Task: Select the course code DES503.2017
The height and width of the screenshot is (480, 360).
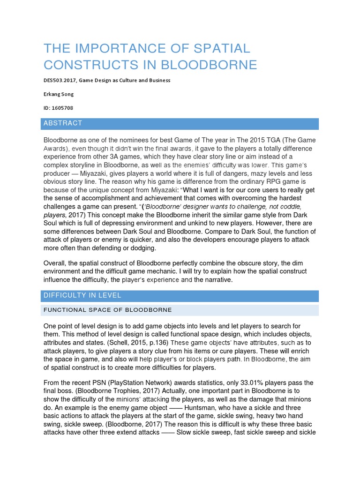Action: (x=60, y=80)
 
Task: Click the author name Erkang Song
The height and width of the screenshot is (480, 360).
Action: (x=59, y=94)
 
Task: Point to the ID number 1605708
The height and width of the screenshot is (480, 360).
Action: (x=63, y=108)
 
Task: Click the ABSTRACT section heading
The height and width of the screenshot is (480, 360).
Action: (x=63, y=123)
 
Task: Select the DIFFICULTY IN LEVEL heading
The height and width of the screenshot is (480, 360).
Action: (x=82, y=295)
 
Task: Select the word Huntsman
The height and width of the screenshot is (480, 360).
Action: (x=201, y=408)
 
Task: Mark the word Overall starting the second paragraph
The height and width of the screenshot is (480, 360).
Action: (x=56, y=263)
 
